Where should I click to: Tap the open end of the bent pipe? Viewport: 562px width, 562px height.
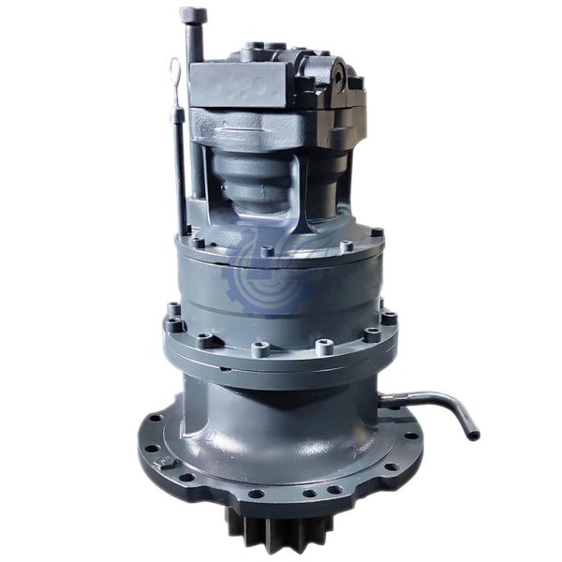click(x=473, y=435)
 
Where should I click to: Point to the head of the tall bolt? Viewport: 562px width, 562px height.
click(x=193, y=16)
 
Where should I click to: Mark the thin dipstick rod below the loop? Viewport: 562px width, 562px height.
click(x=177, y=159)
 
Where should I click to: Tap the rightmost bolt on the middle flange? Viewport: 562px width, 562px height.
click(x=389, y=318)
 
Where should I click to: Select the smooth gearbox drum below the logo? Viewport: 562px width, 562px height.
click(x=281, y=300)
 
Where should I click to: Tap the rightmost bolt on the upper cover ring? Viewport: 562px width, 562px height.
click(x=377, y=233)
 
